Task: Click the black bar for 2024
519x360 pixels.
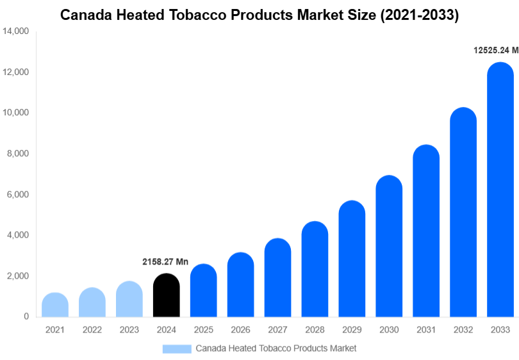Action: [x=167, y=295]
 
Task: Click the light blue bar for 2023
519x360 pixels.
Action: [x=129, y=299]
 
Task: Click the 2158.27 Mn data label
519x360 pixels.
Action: [x=165, y=262]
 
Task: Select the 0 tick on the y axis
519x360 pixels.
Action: [x=26, y=317]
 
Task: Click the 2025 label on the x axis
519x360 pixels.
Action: [x=204, y=330]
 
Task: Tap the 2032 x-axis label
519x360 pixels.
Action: [x=463, y=330]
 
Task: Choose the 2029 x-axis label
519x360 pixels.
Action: [x=352, y=330]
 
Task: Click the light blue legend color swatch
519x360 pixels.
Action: [x=177, y=348]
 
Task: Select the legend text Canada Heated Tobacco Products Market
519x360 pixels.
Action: [x=276, y=348]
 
